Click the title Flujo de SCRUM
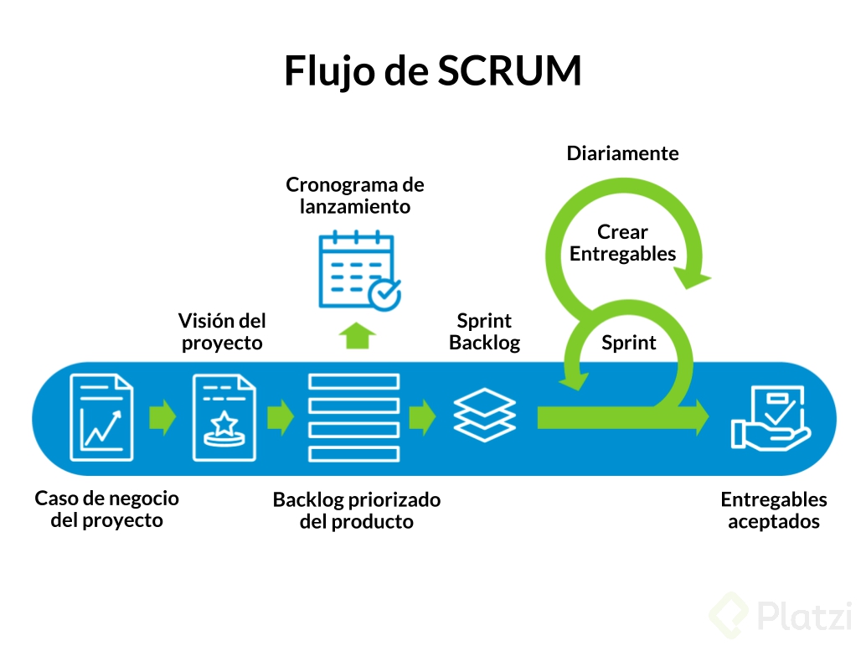pos(432,71)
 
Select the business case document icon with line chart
pos(101,417)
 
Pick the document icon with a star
pos(224,417)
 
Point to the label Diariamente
pos(622,153)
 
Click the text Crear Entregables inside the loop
pos(622,243)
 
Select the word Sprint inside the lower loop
pos(629,343)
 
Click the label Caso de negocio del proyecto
pos(106,509)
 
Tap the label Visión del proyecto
pos(222,332)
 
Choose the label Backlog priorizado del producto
pos(356,510)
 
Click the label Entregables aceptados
pos(773,510)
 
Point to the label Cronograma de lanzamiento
pos(355,195)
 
